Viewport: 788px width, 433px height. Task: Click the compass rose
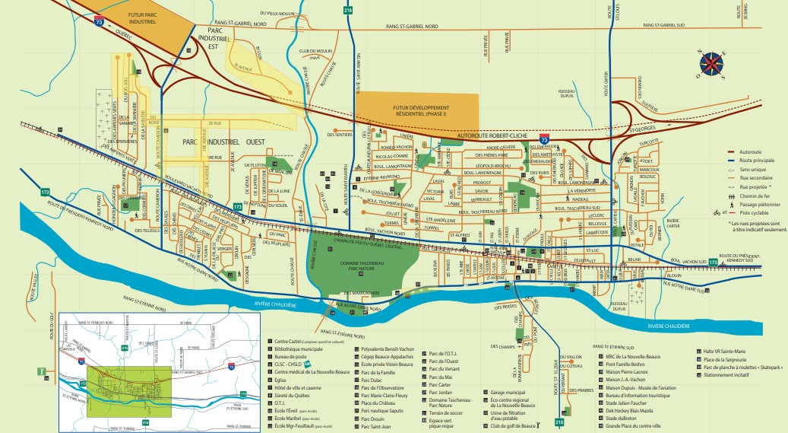[x=712, y=65]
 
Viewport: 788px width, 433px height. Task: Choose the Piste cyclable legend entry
[x=745, y=213]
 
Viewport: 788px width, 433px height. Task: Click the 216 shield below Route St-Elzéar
[x=560, y=421]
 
